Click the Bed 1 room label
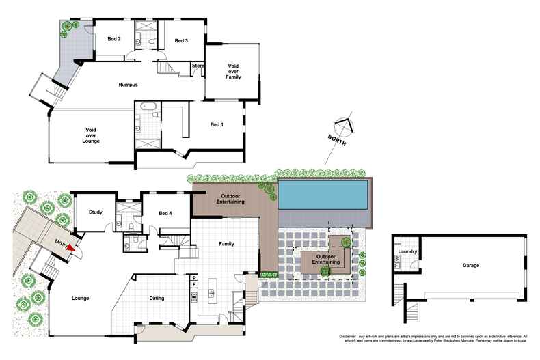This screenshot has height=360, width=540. tap(216, 125)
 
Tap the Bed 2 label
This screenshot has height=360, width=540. tap(114, 39)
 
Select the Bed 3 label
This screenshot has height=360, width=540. tap(181, 42)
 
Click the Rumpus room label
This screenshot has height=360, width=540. tap(128, 85)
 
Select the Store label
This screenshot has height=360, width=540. tap(198, 66)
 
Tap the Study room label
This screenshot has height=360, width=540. tap(96, 213)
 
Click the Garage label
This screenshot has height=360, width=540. tap(470, 265)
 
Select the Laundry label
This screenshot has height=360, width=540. tap(407, 251)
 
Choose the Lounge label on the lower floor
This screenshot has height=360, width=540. tap(80, 298)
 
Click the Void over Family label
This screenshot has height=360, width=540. tap(234, 72)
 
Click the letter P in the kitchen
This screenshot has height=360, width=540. tap(194, 277)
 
